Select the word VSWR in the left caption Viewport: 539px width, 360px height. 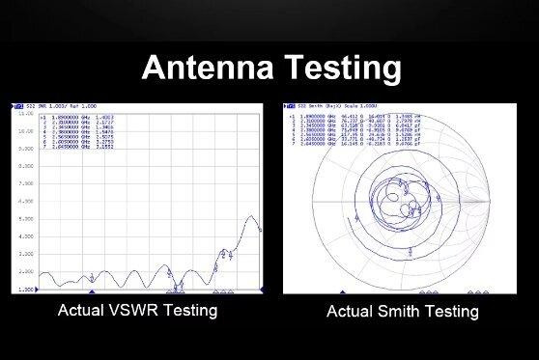click(x=129, y=311)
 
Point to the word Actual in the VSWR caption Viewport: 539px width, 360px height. click(x=80, y=311)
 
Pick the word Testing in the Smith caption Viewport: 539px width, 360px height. click(x=453, y=312)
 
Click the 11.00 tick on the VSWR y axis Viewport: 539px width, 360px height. click(x=26, y=113)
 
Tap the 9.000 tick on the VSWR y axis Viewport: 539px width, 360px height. click(x=26, y=148)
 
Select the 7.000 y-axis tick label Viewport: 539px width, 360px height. click(x=26, y=183)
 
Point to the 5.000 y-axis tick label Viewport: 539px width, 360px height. click(x=26, y=219)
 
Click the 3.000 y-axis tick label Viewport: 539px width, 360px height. click(x=26, y=254)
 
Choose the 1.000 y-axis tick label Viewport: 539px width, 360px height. click(x=26, y=289)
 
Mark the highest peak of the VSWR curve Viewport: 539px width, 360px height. click(x=252, y=216)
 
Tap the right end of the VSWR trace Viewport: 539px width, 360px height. click(x=262, y=230)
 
